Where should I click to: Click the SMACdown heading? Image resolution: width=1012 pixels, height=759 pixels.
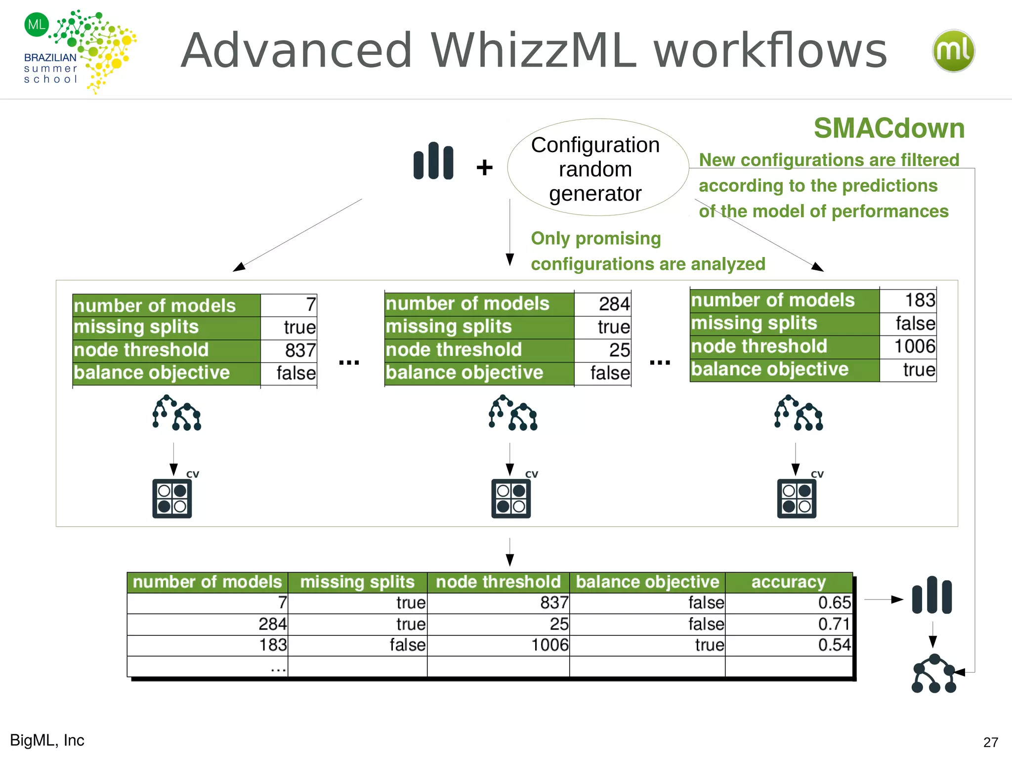tap(889, 128)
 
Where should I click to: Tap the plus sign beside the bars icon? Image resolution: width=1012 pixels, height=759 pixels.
tap(484, 168)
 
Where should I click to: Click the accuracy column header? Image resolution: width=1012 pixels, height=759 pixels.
tap(788, 582)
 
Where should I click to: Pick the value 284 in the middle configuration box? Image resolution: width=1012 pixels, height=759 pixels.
tap(614, 304)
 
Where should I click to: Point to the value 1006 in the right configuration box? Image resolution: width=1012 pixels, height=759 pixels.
tap(914, 346)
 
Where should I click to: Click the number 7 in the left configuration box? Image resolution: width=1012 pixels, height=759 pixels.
tap(310, 305)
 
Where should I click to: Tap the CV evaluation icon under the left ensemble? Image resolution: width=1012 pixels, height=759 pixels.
tap(172, 498)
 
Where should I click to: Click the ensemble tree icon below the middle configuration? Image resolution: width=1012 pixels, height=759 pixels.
tap(513, 413)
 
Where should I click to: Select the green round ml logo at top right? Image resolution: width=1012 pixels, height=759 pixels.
tap(953, 51)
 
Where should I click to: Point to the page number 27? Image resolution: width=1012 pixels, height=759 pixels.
tap(990, 742)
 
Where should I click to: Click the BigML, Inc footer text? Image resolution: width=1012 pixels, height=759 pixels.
tap(47, 740)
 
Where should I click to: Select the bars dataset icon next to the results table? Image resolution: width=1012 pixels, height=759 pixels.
tap(931, 595)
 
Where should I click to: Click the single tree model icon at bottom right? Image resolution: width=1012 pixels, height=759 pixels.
tap(933, 674)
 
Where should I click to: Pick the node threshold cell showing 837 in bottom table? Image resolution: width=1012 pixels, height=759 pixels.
tap(554, 603)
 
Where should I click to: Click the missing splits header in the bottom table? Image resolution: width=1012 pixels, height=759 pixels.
tap(357, 582)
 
